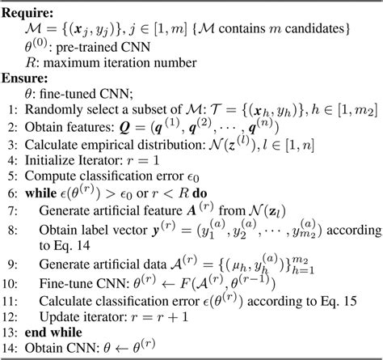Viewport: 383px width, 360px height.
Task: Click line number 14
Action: coord(8,349)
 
